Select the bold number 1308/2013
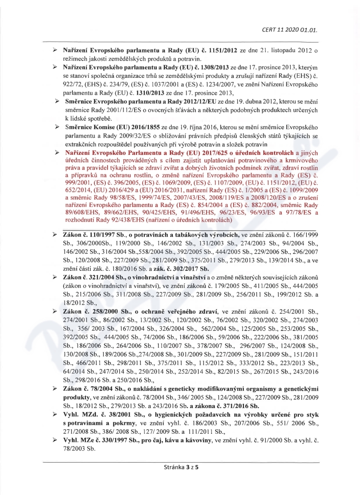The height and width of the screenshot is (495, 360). (x=207, y=67)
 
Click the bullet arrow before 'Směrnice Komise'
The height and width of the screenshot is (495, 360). (x=57, y=127)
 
